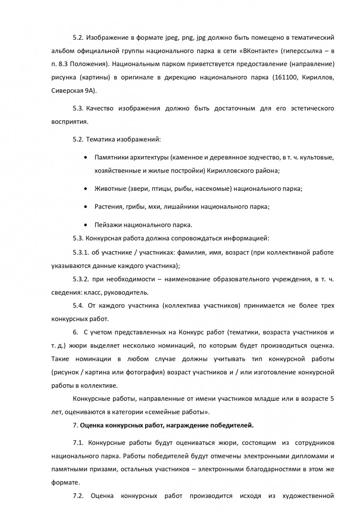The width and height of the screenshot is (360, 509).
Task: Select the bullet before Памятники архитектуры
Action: click(86, 158)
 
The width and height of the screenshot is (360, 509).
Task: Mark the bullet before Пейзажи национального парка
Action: click(86, 224)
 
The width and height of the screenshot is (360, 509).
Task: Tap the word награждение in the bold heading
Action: click(180, 424)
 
